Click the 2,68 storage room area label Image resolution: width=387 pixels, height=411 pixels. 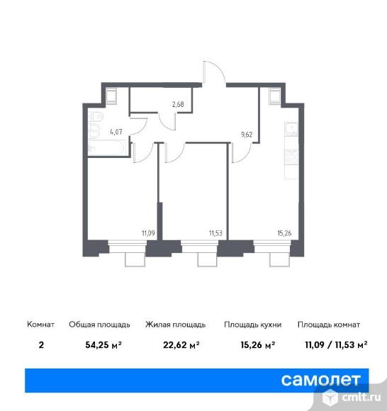[x=178, y=104]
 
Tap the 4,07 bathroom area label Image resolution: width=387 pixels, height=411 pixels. [x=116, y=132]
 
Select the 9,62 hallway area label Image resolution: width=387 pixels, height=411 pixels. [x=247, y=135]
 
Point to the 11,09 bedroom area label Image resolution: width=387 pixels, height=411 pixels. [x=148, y=233]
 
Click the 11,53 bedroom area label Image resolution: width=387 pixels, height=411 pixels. [x=215, y=233]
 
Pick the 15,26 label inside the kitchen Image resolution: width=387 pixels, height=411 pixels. [x=284, y=233]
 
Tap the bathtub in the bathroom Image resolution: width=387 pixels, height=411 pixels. [x=106, y=148]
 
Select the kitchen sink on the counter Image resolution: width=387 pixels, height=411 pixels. [x=291, y=130]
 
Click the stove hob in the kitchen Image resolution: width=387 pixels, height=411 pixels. [x=291, y=157]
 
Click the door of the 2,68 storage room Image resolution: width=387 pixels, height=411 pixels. [x=168, y=121]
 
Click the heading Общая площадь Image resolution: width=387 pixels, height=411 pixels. [x=99, y=325]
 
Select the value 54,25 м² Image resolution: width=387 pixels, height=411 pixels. [x=103, y=344]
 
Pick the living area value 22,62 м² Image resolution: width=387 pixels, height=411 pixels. [x=181, y=344]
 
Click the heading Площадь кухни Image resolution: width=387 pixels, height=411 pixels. [x=252, y=325]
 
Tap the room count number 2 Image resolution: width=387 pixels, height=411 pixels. [x=41, y=344]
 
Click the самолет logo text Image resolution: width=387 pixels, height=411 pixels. [x=320, y=380]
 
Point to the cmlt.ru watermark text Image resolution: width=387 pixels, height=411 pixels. [x=361, y=398]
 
